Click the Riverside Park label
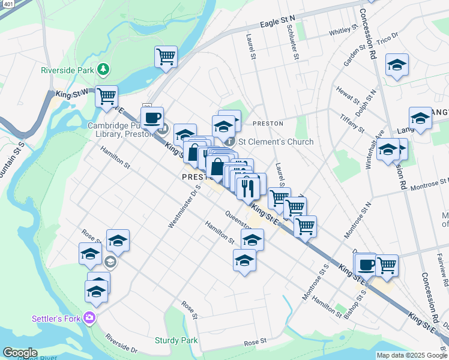[67, 70]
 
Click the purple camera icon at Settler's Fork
[90, 317]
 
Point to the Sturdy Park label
[176, 340]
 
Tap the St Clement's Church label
[276, 142]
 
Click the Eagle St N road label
[278, 23]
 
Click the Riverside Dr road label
[121, 343]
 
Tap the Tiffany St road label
[352, 123]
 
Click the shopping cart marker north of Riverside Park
[166, 56]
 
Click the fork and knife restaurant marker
[247, 188]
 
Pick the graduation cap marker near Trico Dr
[397, 64]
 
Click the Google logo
[20, 353]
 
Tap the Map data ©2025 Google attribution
[412, 355]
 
